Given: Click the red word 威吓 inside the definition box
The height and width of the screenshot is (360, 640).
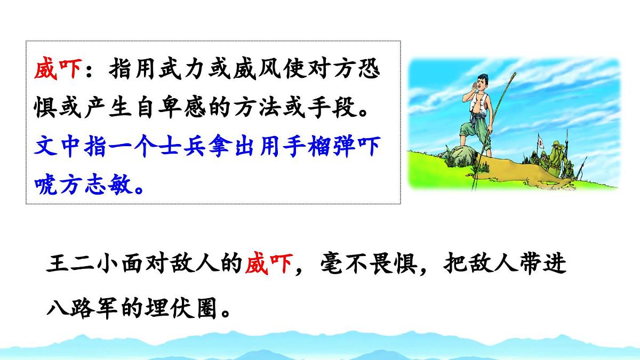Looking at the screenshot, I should pyautogui.click(x=58, y=69).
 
